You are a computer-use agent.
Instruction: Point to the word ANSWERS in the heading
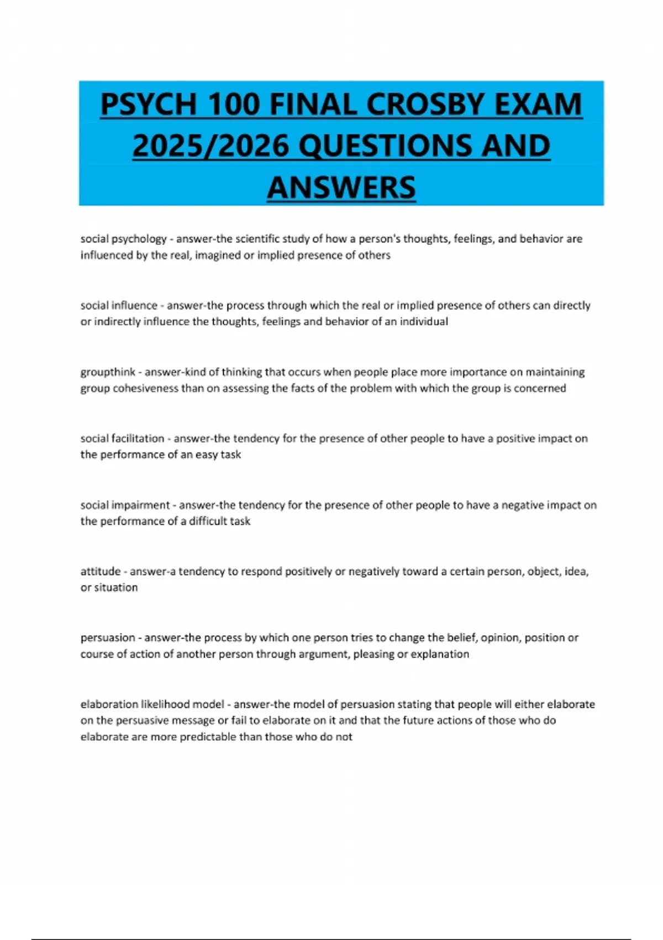[x=341, y=187]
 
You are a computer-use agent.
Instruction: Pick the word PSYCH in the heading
[x=148, y=105]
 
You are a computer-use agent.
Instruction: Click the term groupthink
[x=108, y=372]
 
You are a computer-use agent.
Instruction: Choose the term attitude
[x=100, y=571]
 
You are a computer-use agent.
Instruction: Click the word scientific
[x=260, y=239]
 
